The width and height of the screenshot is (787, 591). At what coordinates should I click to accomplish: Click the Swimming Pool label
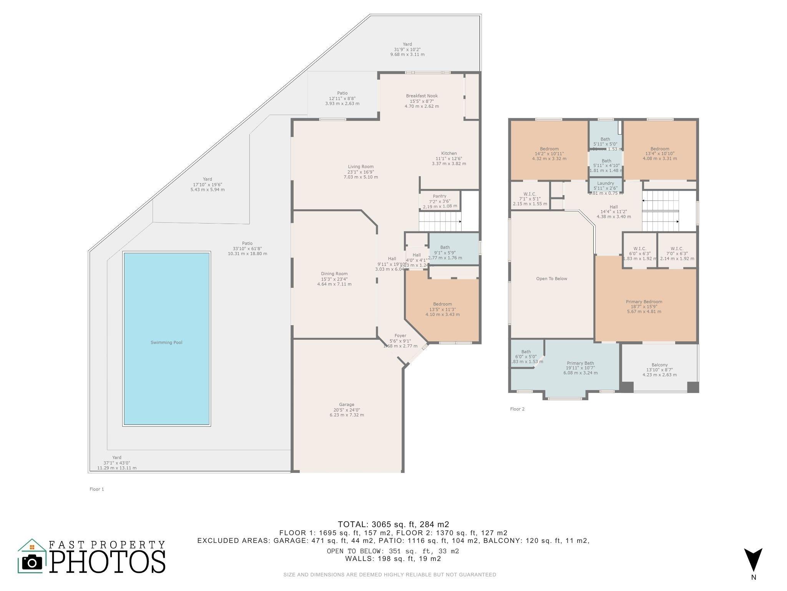[166, 342]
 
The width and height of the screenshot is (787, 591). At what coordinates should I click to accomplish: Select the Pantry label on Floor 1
[440, 196]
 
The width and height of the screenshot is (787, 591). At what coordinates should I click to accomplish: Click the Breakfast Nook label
[422, 96]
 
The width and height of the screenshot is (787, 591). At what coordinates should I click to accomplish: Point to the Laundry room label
[606, 183]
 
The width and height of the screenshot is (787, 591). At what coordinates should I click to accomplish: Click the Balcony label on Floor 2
[659, 365]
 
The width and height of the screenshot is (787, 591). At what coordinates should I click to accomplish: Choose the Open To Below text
[551, 279]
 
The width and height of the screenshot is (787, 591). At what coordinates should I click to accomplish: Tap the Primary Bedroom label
[644, 302]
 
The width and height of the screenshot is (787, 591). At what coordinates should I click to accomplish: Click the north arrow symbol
[753, 560]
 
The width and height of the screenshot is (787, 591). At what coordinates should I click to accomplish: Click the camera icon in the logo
[32, 562]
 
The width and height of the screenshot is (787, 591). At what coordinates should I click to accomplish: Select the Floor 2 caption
[517, 409]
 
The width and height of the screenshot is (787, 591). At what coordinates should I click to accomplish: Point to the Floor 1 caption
[97, 489]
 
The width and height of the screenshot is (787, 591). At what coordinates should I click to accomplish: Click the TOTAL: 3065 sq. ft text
[393, 524]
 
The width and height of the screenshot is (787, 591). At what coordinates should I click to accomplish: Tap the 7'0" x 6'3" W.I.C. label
[677, 249]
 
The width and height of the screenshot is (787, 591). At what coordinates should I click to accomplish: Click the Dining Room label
[334, 274]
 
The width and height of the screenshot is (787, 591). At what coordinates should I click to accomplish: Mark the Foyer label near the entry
[400, 336]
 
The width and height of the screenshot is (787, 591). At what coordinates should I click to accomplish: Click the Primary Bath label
[580, 363]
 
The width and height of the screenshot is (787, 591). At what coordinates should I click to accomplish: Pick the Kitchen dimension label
[448, 158]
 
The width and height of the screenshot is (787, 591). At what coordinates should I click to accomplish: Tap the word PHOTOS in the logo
[107, 561]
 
